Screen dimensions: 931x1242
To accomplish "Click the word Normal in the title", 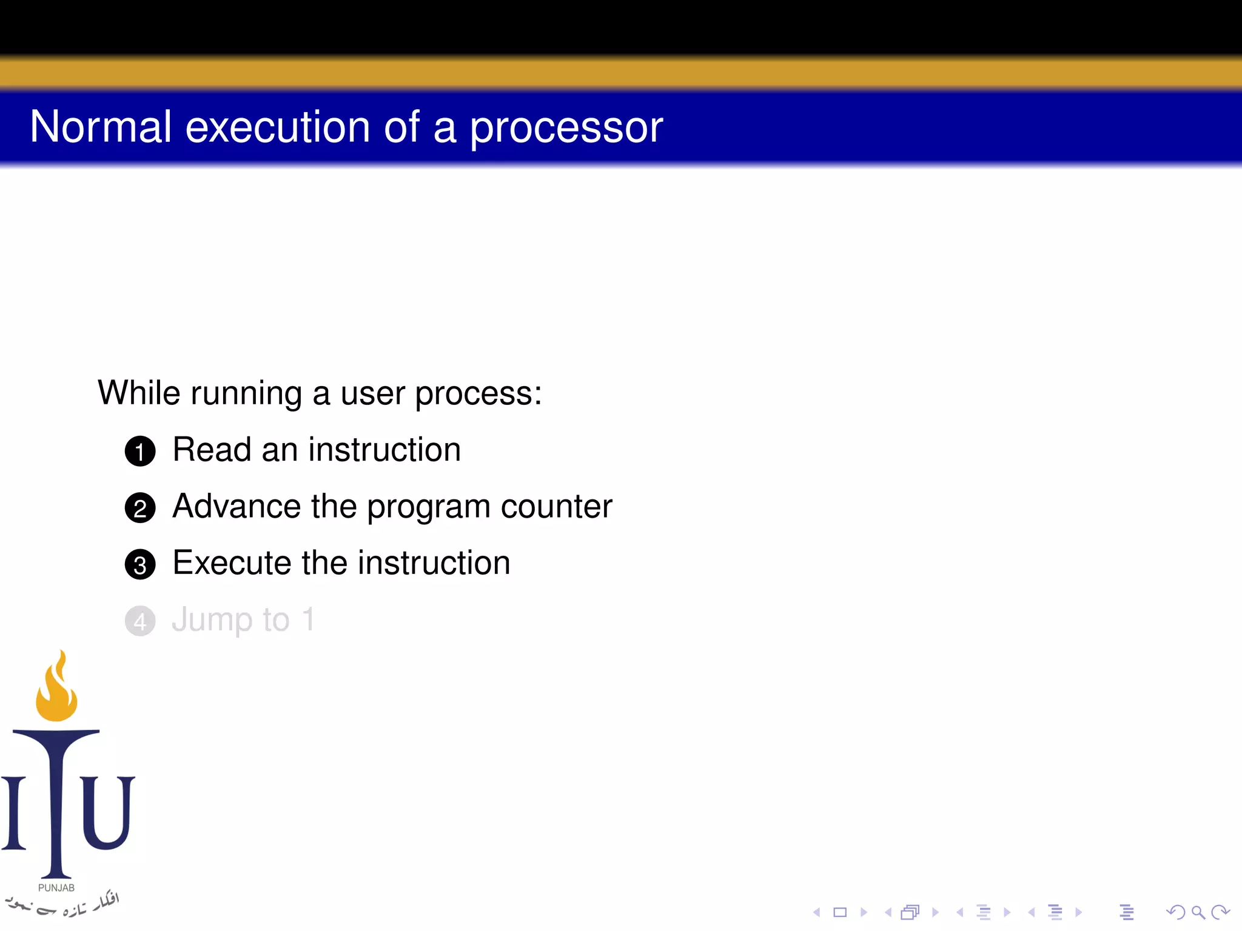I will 101,127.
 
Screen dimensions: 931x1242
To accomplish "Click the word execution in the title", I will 277,127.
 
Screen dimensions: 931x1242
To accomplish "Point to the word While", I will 139,393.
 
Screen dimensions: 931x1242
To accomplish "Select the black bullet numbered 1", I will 140,452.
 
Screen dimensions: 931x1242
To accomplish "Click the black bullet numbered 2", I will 140,508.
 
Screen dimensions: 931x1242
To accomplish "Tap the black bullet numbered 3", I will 140,565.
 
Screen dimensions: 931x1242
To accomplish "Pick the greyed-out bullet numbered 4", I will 140,621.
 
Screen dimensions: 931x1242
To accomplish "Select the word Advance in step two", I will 237,506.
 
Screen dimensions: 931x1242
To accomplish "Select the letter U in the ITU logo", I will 107,812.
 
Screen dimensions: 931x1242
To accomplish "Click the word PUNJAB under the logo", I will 56,887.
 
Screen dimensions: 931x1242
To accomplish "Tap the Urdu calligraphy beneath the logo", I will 61,904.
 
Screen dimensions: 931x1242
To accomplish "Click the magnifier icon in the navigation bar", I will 1197,912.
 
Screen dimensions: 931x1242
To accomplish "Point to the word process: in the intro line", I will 478,394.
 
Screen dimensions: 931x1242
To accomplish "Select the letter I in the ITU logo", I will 13,812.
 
